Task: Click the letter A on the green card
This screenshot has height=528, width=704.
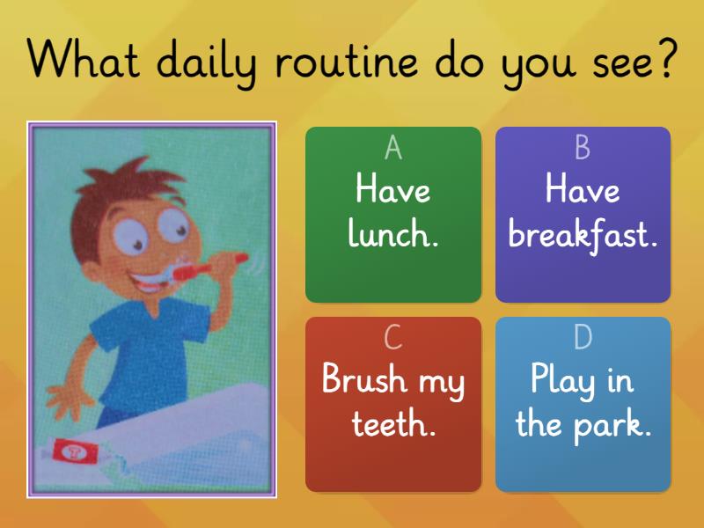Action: [x=393, y=149]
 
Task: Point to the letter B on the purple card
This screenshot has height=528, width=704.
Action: [x=583, y=149]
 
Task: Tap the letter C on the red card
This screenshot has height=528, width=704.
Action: [x=393, y=338]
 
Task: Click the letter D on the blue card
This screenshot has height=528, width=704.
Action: [x=583, y=338]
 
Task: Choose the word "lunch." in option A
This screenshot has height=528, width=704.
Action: [x=393, y=235]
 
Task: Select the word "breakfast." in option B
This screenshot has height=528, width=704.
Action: [x=583, y=235]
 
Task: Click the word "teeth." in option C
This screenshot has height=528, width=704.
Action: [x=393, y=425]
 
